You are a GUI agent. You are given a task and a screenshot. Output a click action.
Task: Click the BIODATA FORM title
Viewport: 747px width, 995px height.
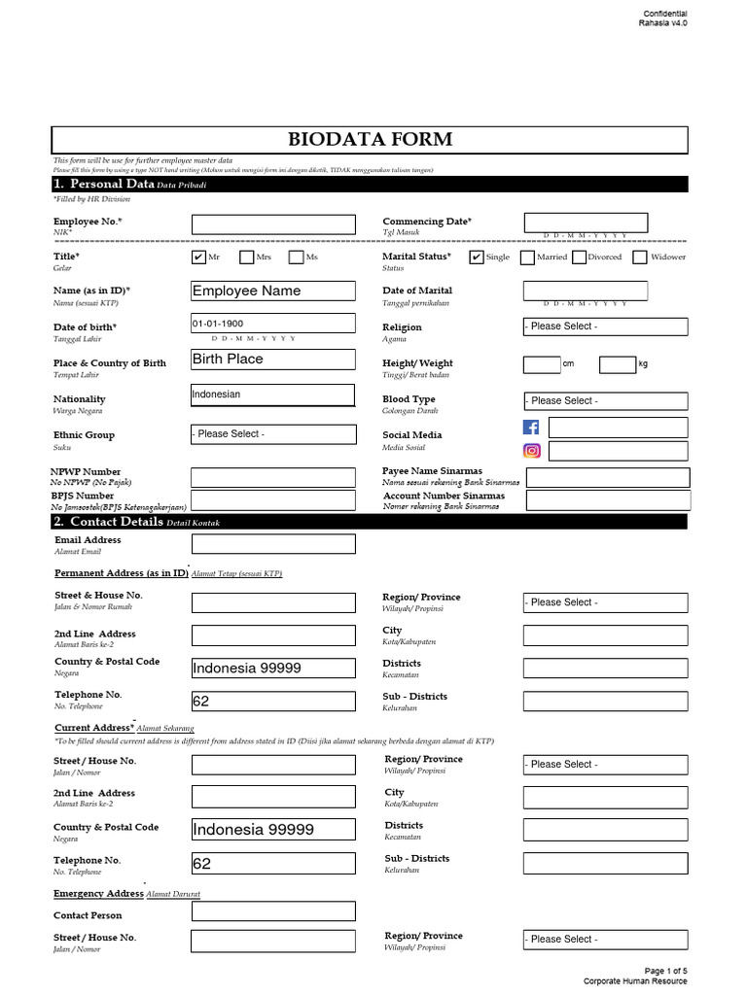[x=370, y=139]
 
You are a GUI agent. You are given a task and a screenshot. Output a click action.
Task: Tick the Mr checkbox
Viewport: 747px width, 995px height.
[x=199, y=257]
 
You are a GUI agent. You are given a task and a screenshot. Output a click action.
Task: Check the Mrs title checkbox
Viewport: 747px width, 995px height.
[x=247, y=257]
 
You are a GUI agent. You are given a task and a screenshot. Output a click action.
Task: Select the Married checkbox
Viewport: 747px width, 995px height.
[x=527, y=257]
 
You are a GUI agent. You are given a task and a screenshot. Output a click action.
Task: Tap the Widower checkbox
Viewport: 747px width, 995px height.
[x=639, y=257]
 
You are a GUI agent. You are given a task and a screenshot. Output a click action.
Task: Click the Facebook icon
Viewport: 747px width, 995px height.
[x=531, y=428]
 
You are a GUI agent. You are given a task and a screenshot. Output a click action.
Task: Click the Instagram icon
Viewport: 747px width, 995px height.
[x=531, y=451]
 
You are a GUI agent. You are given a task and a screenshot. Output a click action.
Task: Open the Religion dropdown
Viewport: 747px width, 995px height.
[x=605, y=326]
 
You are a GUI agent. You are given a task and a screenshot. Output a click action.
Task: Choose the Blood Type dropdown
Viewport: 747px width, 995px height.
[x=605, y=400]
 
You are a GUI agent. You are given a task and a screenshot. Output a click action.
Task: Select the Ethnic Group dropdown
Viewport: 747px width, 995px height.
[x=273, y=434]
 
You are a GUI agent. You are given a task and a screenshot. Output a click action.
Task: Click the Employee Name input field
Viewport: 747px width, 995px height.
[x=273, y=291]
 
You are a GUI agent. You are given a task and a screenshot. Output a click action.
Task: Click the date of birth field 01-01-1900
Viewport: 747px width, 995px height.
[x=273, y=324]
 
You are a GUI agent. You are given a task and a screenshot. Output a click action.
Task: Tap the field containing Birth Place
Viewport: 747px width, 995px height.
[x=273, y=360]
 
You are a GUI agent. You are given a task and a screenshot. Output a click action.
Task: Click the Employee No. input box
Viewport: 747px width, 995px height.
[x=273, y=224]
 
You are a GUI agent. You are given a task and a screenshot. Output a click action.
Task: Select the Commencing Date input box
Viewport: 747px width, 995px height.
[x=586, y=223]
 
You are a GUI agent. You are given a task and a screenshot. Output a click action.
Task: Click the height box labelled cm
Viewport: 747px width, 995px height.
[x=542, y=364]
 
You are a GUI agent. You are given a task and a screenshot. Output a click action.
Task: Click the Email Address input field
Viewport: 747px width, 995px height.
[x=273, y=544]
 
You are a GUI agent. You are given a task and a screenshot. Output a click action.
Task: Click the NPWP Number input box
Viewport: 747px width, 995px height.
[x=273, y=477]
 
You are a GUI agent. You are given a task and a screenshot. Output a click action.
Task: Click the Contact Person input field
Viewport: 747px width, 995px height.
[x=273, y=911]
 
